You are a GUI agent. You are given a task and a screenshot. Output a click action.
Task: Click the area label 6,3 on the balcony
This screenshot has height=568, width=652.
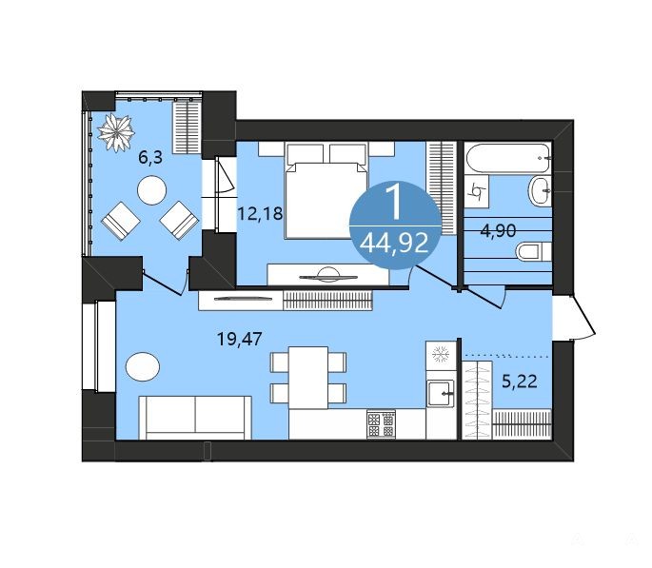pos(150,158)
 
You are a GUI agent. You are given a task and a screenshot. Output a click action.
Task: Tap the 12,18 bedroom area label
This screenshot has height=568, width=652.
pos(260,213)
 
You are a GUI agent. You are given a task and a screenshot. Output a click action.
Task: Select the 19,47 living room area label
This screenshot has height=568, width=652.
pos(240,339)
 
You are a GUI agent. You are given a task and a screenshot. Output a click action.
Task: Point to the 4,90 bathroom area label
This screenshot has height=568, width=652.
pos(498,230)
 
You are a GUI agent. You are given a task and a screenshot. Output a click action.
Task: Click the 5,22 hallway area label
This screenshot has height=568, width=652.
pos(520,381)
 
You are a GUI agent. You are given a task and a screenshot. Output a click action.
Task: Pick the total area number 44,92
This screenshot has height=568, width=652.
pos(394,244)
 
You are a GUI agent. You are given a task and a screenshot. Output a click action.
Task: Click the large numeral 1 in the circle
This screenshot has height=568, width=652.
pos(394,202)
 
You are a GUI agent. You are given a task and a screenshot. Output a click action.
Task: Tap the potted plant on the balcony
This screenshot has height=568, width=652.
pos(116,133)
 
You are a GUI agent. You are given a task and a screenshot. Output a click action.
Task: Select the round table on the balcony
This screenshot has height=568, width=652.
pos(151,190)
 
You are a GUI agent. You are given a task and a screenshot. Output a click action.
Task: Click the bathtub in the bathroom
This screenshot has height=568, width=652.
pos(508,158)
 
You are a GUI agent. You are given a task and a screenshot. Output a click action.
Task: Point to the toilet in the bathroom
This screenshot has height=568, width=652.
pos(534,252)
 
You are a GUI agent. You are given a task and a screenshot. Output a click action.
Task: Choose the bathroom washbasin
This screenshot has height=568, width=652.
pos(540,190)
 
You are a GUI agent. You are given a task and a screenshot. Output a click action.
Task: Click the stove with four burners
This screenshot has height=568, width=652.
pos(381,423)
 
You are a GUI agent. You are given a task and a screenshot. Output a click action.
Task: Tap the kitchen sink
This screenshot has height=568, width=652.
pos(441,394)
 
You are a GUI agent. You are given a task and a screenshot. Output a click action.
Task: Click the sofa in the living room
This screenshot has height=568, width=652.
pos(195,417)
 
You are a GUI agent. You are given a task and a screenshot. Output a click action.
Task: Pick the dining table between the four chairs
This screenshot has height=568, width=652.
pos(308,378)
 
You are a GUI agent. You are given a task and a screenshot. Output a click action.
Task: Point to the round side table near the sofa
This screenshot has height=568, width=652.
pos(143,366)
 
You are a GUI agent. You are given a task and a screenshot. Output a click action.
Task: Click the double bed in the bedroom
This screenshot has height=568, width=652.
pos(326,190)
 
